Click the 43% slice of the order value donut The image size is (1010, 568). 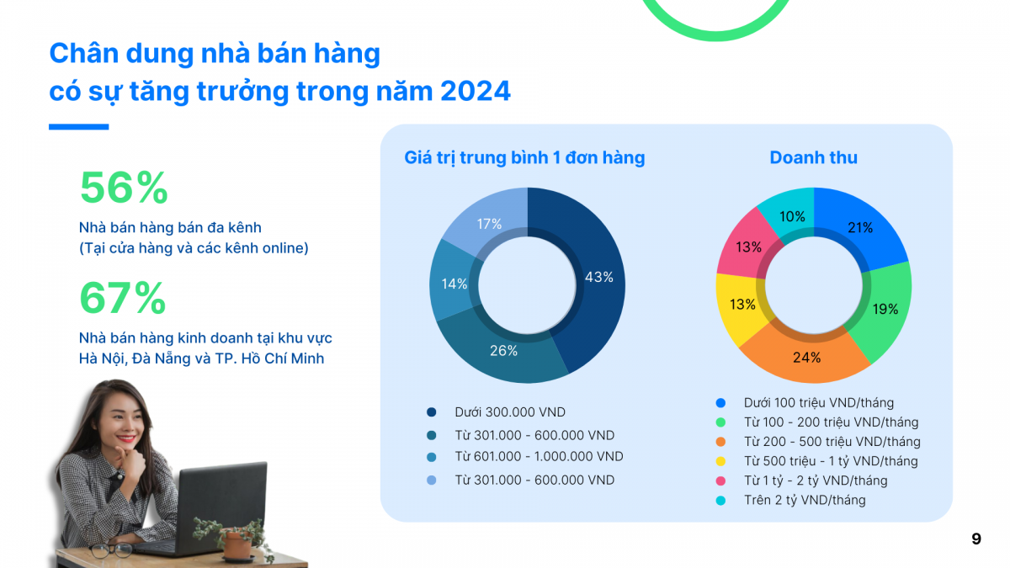pos(599,276)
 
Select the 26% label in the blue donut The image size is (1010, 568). pos(503,350)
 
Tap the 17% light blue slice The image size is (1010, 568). pos(488,224)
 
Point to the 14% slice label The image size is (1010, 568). pos(454,284)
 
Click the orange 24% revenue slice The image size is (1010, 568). pos(805,357)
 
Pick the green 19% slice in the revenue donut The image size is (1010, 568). pos(885,309)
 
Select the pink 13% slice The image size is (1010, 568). pos(748,247)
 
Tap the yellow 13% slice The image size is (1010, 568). pos(742,304)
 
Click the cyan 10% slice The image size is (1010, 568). pos(791,215)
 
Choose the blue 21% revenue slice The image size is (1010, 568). pos(859,227)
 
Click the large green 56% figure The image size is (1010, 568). pos(123,188)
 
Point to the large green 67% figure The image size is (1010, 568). pos(123,298)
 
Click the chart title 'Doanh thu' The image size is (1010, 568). pos(813,157)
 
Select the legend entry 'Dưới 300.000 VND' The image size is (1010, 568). pos(510,412)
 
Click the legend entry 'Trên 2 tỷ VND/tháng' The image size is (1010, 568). pos(804,500)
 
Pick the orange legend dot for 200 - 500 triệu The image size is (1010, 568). pos(721,442)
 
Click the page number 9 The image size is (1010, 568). pos(975,539)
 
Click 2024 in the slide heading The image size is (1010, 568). pos(475,91)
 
